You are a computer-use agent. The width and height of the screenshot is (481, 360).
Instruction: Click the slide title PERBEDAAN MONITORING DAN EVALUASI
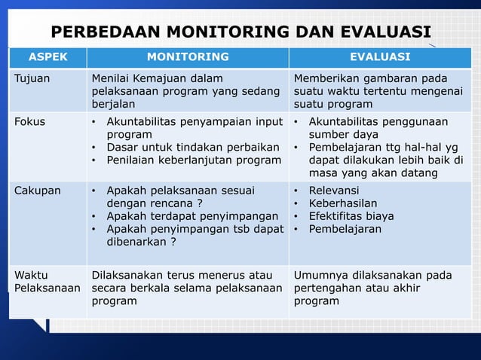pos(240,32)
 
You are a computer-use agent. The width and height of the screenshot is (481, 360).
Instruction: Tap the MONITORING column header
pos(188,56)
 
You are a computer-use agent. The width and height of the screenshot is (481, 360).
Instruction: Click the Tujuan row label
pos(32,78)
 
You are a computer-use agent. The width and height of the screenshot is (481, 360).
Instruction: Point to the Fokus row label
pos(30,121)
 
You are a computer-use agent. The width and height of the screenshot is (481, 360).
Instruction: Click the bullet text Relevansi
pos(334,190)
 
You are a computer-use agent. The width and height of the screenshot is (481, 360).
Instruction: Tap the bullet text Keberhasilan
pos(343,203)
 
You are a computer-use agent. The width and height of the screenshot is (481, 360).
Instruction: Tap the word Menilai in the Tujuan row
pos(112,78)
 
